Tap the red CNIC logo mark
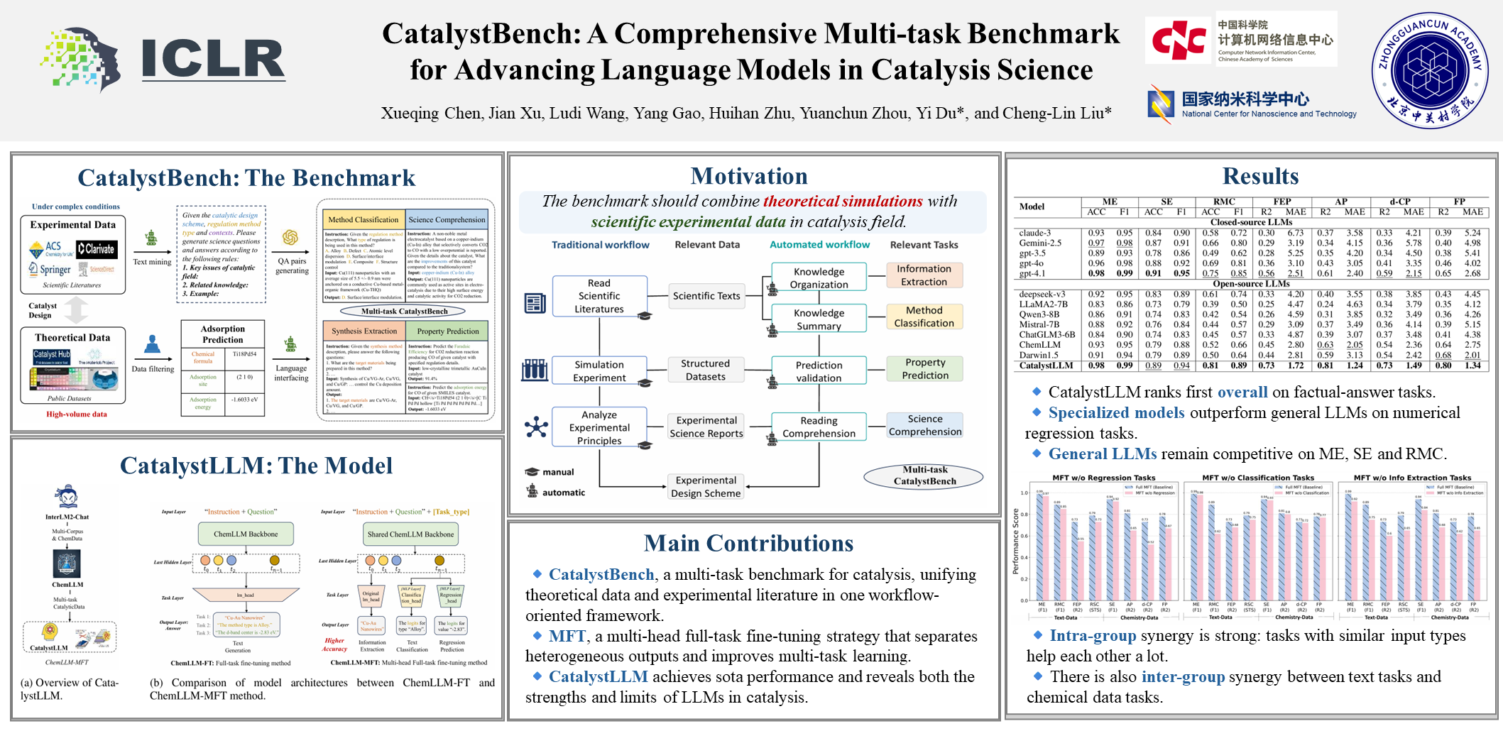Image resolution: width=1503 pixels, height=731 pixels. coord(1179,40)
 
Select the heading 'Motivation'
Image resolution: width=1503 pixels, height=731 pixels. coord(749,176)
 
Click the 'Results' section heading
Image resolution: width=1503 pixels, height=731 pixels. coord(1260,176)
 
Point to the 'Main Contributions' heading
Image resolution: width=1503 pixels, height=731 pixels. coord(748,544)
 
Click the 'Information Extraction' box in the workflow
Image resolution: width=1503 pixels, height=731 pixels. coord(924,275)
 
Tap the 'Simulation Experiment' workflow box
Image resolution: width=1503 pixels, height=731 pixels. coord(599,371)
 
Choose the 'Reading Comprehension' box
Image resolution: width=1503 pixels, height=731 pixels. coord(819,427)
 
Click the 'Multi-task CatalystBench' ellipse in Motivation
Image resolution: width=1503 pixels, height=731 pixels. coord(924,476)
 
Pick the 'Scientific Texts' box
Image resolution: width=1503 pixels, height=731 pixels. coord(706,296)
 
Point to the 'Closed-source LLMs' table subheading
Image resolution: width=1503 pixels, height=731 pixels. coord(1251,222)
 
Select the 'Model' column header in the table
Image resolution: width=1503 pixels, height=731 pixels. coord(1032,207)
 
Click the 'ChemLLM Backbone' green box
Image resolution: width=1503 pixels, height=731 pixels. coord(246,534)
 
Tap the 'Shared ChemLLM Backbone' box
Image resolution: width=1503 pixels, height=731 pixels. coord(410,534)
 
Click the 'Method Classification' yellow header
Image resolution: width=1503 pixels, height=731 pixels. coord(363,220)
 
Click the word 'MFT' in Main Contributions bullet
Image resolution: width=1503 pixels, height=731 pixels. coord(567,636)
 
